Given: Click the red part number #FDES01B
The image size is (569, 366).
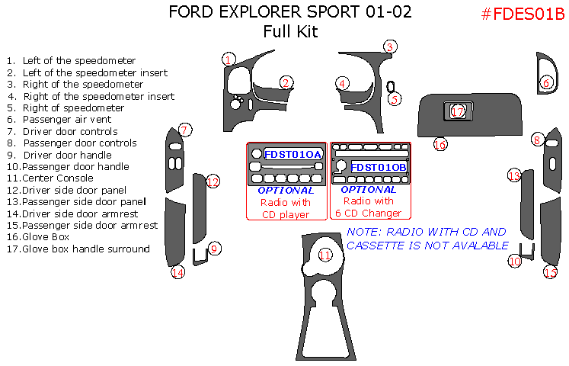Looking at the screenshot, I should click(x=522, y=14).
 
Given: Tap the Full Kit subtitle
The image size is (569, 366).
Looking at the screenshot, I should click(x=289, y=32).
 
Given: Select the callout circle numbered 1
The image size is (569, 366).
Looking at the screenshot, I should click(x=229, y=59).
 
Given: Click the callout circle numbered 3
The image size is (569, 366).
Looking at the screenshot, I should click(x=388, y=47).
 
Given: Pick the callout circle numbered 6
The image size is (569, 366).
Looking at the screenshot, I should click(x=546, y=82).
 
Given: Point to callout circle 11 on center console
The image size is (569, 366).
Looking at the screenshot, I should click(x=325, y=256).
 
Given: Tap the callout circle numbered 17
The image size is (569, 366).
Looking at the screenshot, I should click(x=457, y=112).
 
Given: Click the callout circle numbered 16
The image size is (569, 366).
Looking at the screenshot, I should click(x=440, y=143).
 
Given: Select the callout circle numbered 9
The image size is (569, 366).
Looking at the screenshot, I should click(x=215, y=248).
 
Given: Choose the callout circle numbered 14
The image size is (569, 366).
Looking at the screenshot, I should click(x=177, y=272).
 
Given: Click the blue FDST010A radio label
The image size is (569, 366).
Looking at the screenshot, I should click(x=293, y=155).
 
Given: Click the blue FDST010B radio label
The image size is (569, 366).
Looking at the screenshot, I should click(x=379, y=166).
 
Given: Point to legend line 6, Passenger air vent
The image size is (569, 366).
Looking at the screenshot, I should click(x=67, y=119).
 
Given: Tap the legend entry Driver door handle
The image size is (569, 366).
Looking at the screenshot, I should click(x=67, y=155).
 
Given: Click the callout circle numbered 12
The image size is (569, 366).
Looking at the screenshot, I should click(x=213, y=181).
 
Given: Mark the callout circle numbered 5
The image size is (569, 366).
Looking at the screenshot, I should click(x=394, y=98).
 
